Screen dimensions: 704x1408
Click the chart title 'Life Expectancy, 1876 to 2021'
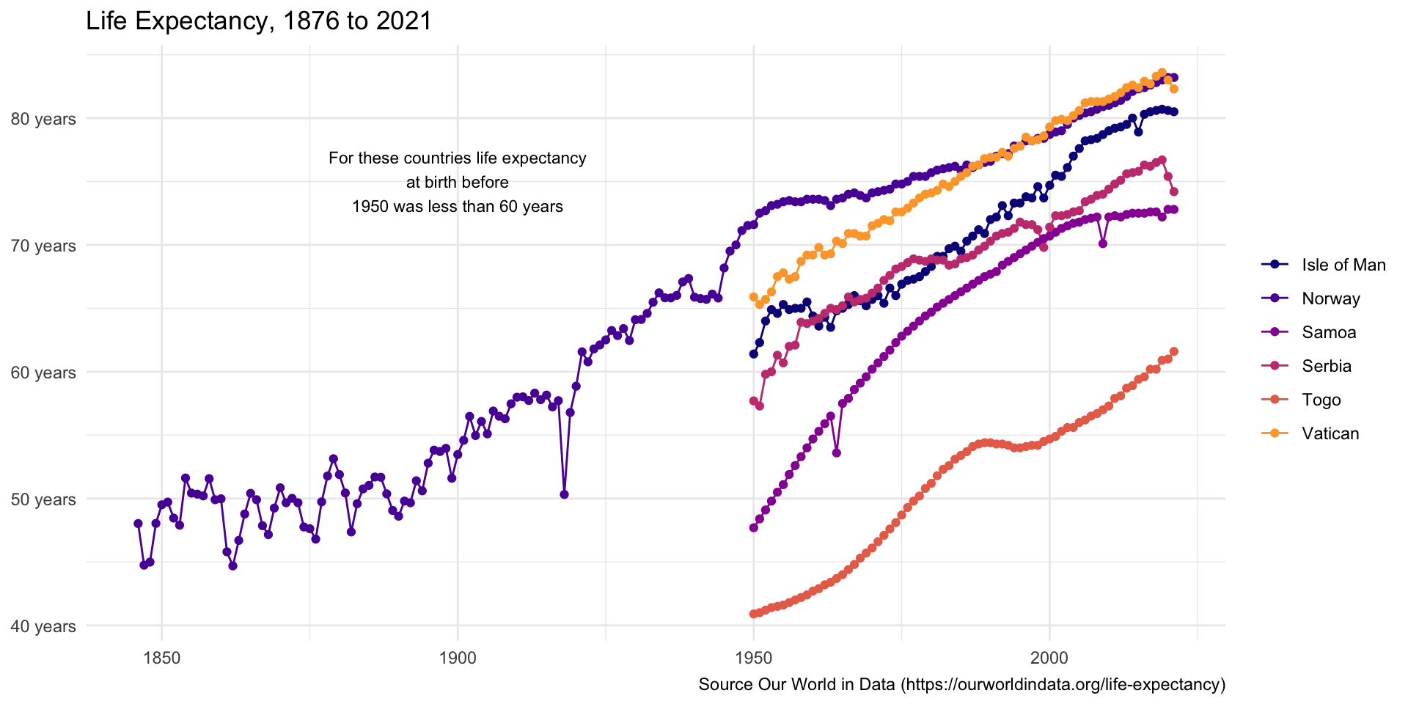[259, 21]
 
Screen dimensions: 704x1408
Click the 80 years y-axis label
[43, 119]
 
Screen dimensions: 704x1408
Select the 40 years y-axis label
[43, 626]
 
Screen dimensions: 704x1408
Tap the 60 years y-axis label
[43, 373]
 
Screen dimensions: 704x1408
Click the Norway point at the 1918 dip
[564, 494]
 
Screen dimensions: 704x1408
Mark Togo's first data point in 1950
[753, 614]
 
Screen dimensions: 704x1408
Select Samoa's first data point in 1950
[753, 527]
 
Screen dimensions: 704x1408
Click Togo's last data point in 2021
[1173, 351]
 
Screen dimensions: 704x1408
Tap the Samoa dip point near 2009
[1102, 243]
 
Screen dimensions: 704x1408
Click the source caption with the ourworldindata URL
[961, 684]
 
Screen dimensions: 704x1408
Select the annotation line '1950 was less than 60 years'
[458, 206]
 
